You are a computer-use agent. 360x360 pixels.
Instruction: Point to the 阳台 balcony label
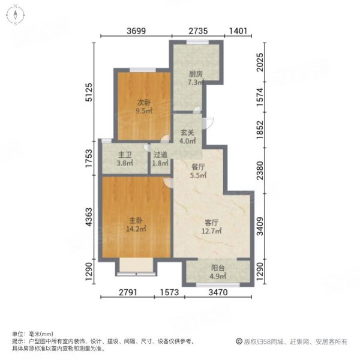[217, 272]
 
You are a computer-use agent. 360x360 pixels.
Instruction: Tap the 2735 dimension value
[196, 32]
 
